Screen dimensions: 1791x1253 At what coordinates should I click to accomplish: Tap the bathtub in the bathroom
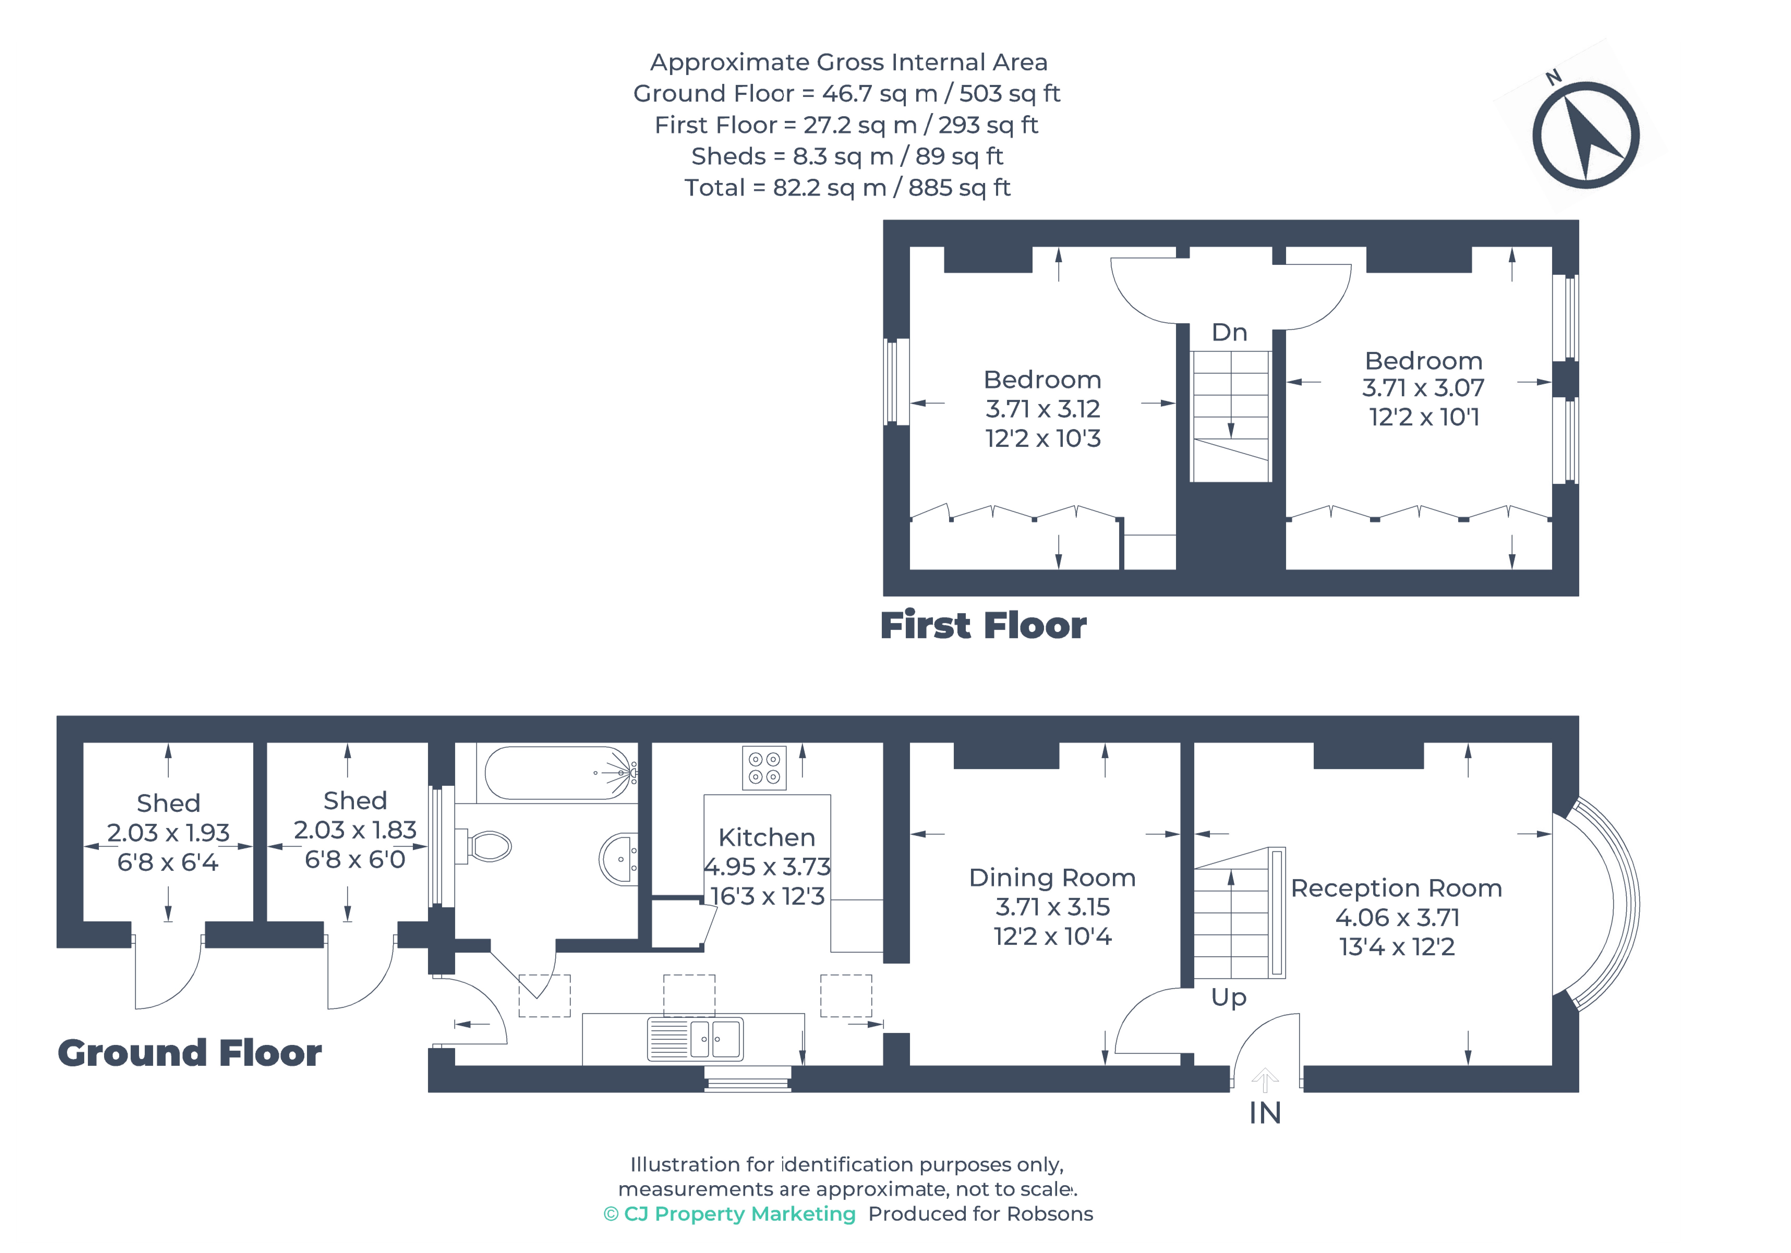[559, 773]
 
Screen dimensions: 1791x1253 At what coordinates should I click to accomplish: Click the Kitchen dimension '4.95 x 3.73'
[767, 867]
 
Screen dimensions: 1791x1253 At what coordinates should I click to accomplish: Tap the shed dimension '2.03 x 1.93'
[168, 833]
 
